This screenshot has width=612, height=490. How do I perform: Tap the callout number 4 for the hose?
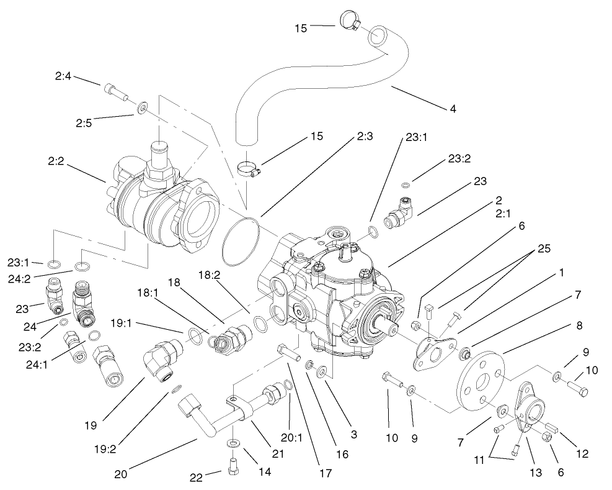453,109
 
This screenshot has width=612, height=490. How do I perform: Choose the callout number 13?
535,473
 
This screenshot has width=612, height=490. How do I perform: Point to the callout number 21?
278,453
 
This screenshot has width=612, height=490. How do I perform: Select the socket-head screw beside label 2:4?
115,91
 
